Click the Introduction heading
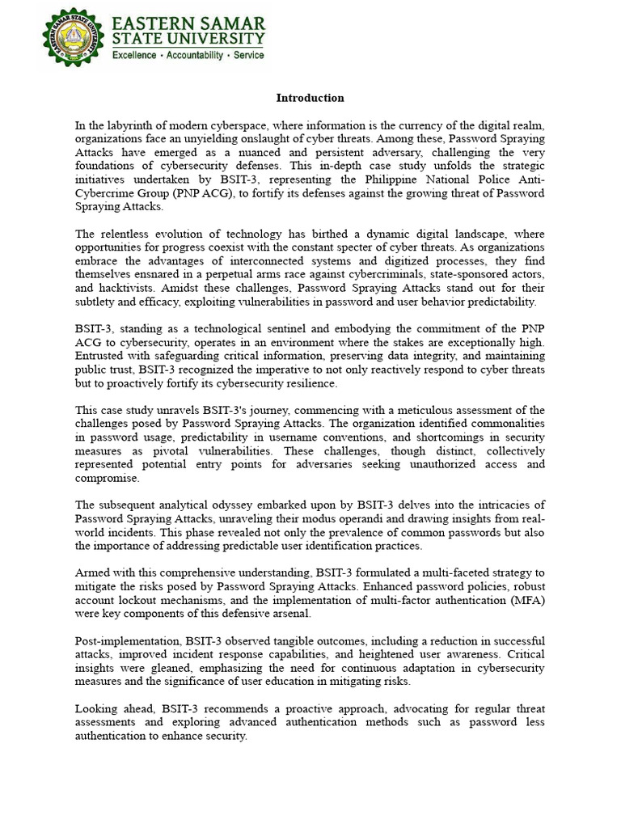coord(310,98)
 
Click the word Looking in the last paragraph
coord(95,709)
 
